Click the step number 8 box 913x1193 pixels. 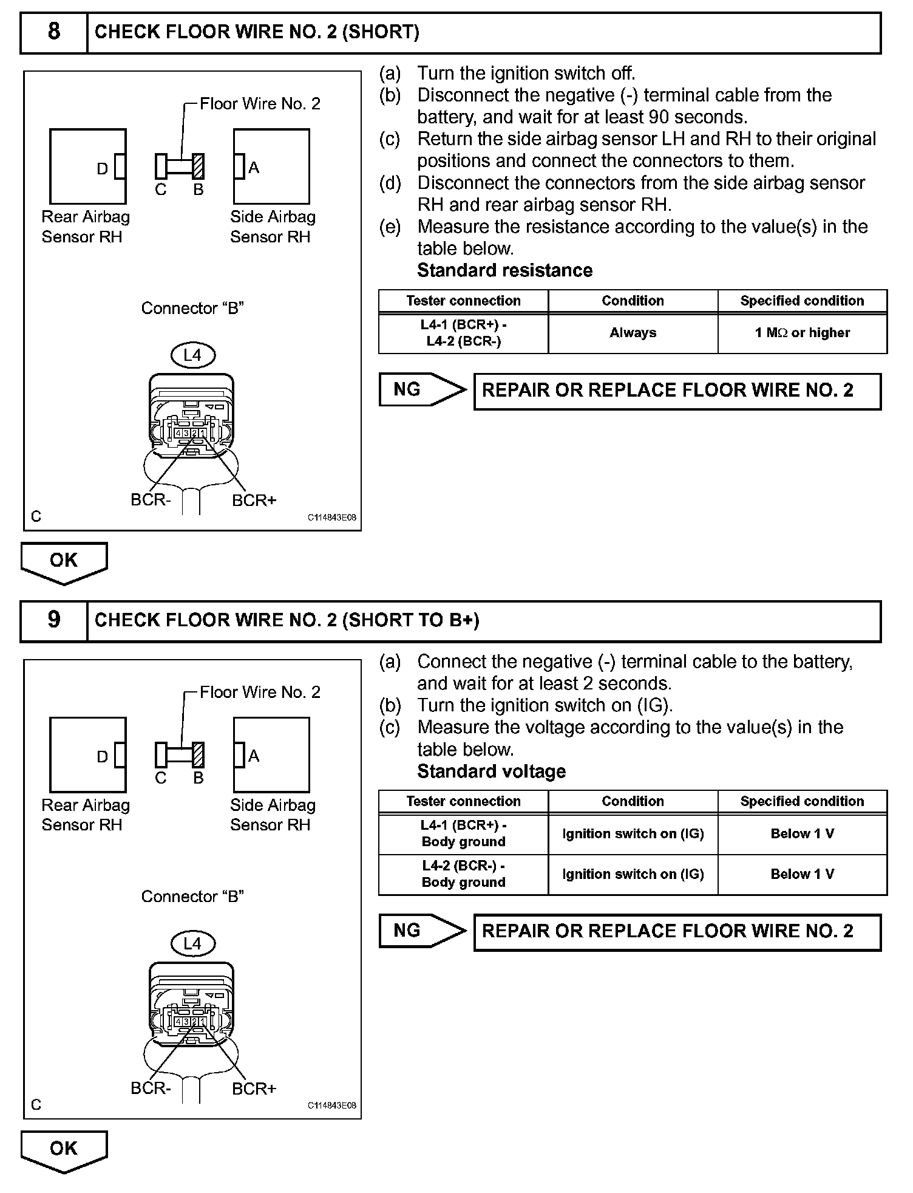coord(54,32)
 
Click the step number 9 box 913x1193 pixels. coord(54,620)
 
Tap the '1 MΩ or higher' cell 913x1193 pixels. coord(802,333)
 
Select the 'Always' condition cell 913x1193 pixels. coord(633,333)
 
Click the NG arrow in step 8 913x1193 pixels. coord(422,389)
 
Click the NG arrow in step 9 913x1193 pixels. coord(422,931)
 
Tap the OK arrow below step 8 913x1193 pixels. coord(64,562)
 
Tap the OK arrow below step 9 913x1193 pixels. coord(64,1150)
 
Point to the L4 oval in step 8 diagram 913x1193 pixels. coord(192,355)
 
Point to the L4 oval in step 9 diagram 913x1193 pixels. coord(192,943)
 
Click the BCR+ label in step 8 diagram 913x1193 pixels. coord(254,501)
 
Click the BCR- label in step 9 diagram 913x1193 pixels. coord(151,1088)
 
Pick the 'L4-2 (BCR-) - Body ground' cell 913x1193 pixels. coord(463,874)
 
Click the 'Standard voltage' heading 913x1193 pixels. coord(491,771)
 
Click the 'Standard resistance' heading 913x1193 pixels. coord(504,270)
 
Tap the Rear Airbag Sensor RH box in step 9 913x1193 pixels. coord(87,754)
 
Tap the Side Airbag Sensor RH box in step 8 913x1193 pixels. coord(271,166)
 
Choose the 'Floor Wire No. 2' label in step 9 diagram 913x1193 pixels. coord(260,692)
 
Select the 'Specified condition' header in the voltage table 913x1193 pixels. coord(802,801)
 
